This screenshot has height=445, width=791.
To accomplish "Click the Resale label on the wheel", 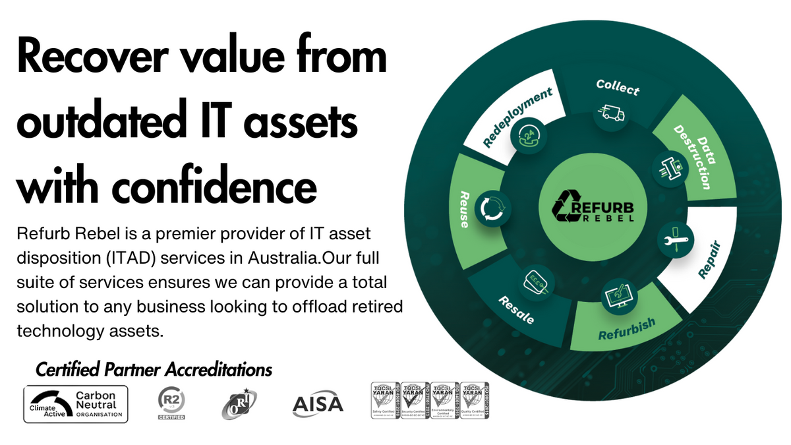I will coord(516,309).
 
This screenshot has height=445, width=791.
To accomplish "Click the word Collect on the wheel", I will coord(618,87).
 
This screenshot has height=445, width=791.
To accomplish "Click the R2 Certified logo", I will coord(171,403).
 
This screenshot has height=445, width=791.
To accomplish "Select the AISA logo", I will coord(318,403).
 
